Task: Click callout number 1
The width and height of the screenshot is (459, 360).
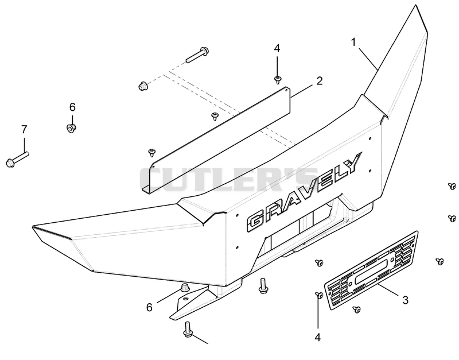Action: point(353,42)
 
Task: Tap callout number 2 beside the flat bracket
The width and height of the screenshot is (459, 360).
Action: point(320,80)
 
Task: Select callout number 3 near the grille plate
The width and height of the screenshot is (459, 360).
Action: point(406,300)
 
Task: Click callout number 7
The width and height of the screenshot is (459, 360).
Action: point(24,129)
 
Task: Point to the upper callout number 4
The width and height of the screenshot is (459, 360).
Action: point(277,48)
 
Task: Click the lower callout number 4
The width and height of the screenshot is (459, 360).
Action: point(318,338)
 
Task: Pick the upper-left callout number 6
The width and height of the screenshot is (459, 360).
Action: point(72,107)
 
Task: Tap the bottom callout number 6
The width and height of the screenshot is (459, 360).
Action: point(150,307)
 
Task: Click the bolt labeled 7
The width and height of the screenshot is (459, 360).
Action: point(18,158)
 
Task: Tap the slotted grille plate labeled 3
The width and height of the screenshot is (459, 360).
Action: point(371,270)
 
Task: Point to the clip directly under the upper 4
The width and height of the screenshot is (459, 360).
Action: point(277,79)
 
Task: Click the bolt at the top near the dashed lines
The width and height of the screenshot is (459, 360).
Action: point(197,55)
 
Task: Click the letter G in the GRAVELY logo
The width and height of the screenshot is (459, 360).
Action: point(257,222)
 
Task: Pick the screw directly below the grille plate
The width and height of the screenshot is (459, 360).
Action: point(356,309)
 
